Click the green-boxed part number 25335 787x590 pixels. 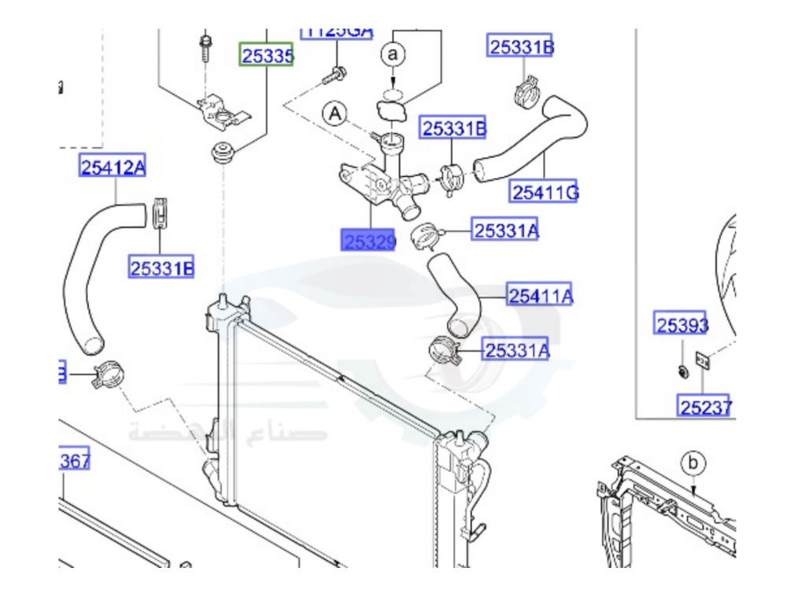[267, 55]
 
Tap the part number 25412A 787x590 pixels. [113, 167]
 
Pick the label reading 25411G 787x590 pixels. [545, 191]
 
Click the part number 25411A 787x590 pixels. [540, 296]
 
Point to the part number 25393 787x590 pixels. [682, 324]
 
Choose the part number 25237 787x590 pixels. [706, 407]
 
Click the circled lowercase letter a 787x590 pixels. [394, 54]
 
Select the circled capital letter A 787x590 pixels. [335, 114]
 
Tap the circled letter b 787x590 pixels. [693, 463]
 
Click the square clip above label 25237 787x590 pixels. [702, 360]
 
